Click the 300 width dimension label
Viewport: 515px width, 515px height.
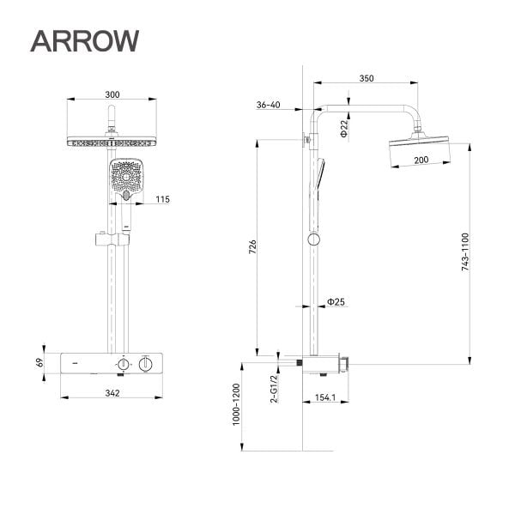(x=112, y=94)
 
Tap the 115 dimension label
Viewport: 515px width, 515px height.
(x=162, y=200)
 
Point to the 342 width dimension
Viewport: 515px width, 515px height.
(x=112, y=393)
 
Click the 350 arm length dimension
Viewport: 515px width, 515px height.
(x=367, y=78)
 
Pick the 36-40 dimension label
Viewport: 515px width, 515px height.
(x=268, y=105)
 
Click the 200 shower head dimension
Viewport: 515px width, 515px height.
(x=421, y=161)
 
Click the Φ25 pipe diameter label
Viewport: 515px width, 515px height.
(x=336, y=302)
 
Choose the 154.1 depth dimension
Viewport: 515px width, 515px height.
(x=325, y=397)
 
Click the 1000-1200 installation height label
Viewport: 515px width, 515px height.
(x=236, y=413)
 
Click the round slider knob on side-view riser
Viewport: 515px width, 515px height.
(x=315, y=239)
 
